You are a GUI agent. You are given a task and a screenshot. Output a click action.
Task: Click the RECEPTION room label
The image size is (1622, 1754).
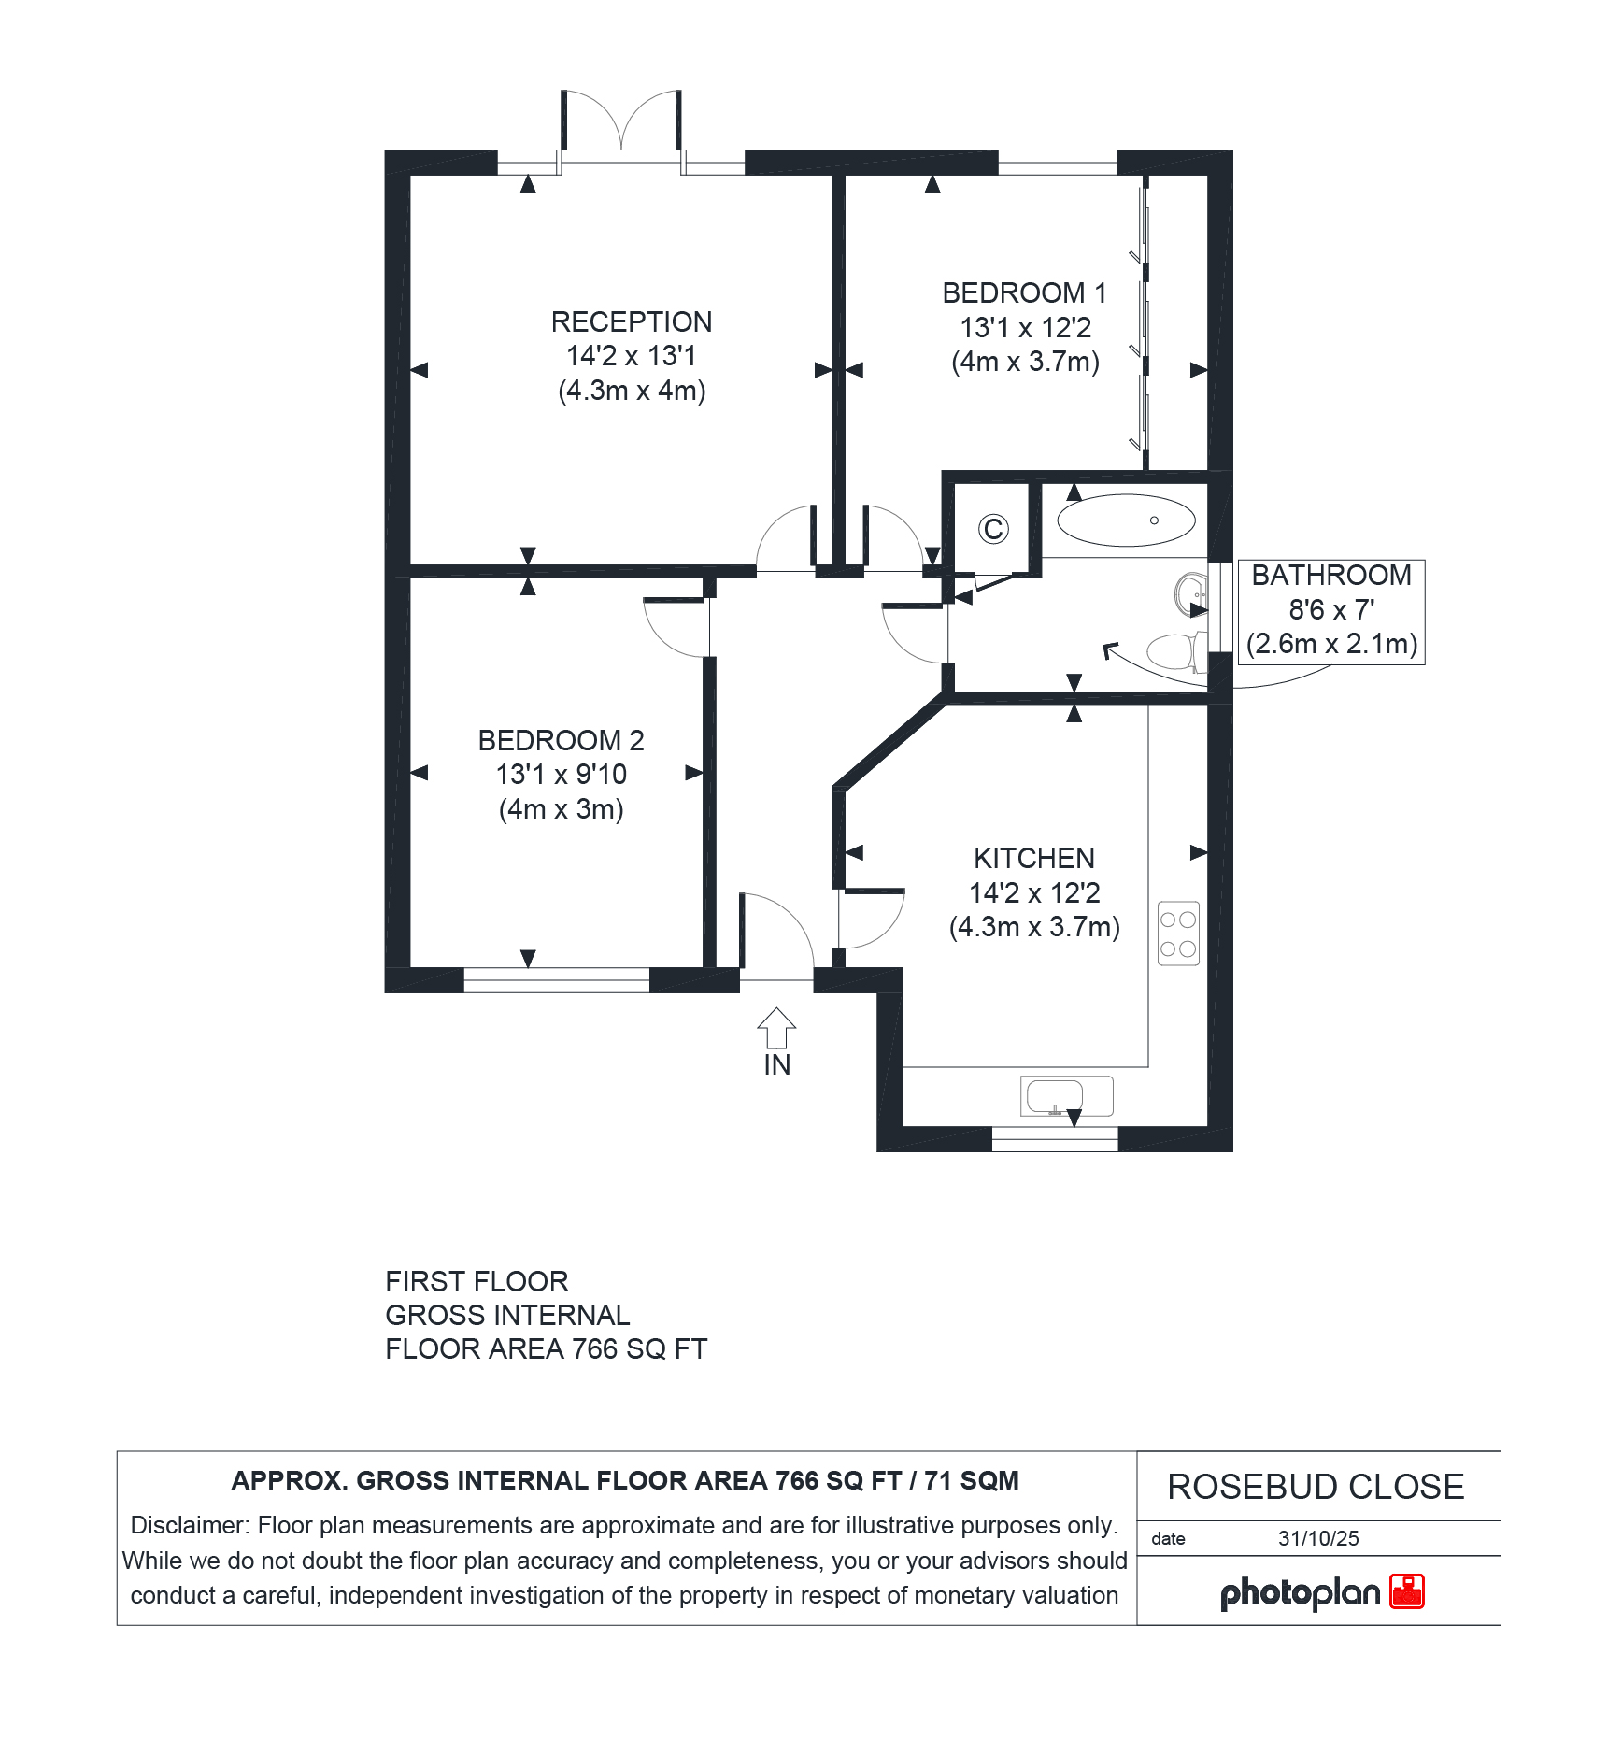pyautogui.click(x=632, y=321)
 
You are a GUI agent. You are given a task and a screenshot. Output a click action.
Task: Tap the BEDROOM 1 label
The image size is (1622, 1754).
pyautogui.click(x=1024, y=292)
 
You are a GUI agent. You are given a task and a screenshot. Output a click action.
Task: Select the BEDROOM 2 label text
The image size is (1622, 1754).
pyautogui.click(x=561, y=740)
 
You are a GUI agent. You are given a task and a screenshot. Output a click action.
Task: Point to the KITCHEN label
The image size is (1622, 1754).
pyautogui.click(x=1034, y=858)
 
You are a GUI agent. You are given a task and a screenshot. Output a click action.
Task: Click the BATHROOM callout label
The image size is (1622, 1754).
pyautogui.click(x=1331, y=575)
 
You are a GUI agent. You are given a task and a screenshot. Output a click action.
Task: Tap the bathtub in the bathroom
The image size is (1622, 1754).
pyautogui.click(x=1126, y=520)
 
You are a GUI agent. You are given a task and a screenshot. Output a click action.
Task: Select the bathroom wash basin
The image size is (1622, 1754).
pyautogui.click(x=1191, y=594)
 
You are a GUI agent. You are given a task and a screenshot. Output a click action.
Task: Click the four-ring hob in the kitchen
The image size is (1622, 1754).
pyautogui.click(x=1178, y=934)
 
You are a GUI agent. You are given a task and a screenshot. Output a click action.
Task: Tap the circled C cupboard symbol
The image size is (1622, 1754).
pyautogui.click(x=993, y=529)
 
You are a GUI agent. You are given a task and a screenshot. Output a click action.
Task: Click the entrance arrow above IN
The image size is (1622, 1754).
pyautogui.click(x=776, y=1028)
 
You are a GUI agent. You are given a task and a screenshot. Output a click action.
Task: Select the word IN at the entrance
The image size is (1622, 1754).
pyautogui.click(x=776, y=1065)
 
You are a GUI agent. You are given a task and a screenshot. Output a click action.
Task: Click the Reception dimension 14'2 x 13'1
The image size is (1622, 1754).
pyautogui.click(x=632, y=356)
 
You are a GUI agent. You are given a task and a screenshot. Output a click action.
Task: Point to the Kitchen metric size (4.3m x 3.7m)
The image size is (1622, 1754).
pyautogui.click(x=1034, y=927)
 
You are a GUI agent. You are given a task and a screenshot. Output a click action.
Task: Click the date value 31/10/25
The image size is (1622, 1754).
pyautogui.click(x=1318, y=1539)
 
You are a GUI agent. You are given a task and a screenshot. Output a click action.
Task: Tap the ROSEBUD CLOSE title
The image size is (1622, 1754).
pyautogui.click(x=1316, y=1487)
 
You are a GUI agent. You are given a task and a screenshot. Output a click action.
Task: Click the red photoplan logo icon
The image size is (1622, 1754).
pyautogui.click(x=1407, y=1591)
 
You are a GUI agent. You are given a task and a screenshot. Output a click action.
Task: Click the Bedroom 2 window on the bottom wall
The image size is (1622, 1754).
pyautogui.click(x=556, y=980)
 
